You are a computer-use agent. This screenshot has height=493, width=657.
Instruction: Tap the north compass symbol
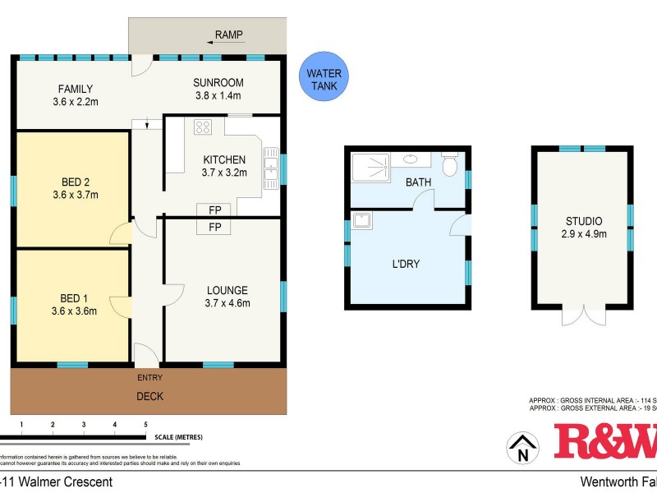pos(521,449)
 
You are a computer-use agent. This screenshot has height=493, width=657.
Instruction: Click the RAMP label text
pos(229,35)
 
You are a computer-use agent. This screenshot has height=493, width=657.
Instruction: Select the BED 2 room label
pos(75,182)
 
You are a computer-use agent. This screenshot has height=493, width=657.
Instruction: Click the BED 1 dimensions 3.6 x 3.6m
pos(75,311)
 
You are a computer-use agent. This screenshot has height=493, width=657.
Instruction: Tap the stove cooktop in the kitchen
pos(203,127)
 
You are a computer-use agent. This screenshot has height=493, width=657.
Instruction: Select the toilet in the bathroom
pos(449,165)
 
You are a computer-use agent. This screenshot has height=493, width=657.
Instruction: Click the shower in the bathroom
pos(372,168)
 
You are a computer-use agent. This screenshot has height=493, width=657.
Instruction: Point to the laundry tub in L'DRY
pos(361,219)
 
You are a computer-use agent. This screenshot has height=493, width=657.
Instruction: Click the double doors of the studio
pos(582,316)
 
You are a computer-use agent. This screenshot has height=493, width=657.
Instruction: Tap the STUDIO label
pos(583,221)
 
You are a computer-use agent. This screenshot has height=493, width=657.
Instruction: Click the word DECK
pos(149,396)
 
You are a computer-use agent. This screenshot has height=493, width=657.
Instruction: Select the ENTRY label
pos(149,377)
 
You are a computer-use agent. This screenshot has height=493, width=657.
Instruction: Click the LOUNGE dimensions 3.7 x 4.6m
pos(227,303)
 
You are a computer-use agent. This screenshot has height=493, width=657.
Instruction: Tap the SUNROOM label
pos(218,82)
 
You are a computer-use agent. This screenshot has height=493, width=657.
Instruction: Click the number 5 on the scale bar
pos(145,424)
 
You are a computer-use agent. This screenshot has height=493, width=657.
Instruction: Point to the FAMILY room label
pos(75,89)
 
